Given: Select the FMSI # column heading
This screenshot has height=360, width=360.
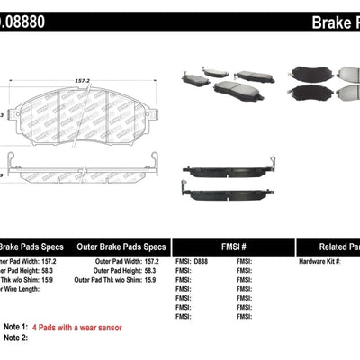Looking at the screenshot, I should click(232, 247).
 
